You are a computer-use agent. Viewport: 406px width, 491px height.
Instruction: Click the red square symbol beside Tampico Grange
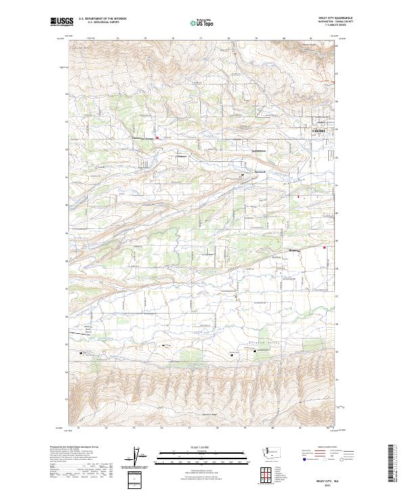pyautogui.click(x=158, y=138)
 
